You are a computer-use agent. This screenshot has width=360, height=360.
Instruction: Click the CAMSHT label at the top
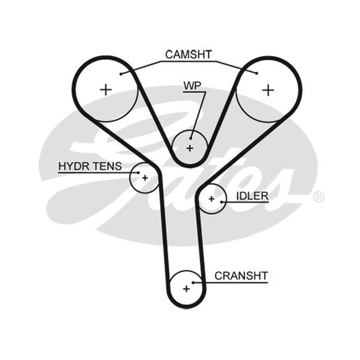pos(188,54)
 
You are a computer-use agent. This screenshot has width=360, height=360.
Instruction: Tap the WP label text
pos(192,85)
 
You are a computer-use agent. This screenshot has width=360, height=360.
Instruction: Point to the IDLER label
pos(252,196)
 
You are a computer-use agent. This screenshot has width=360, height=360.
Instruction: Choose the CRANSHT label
pos(241,276)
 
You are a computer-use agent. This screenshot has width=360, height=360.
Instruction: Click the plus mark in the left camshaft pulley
pos(106,90)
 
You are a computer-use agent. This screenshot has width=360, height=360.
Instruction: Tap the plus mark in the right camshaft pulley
pos(268,90)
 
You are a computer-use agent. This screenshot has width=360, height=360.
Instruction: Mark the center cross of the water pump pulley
pos(190,148)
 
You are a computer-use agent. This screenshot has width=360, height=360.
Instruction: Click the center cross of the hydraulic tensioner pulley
pos(145,178)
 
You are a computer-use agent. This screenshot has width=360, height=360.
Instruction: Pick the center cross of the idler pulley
pos(211,199)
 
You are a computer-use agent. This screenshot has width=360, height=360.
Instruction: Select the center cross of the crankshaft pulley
pos(186,288)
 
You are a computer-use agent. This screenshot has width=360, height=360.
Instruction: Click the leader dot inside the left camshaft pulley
pos(121,74)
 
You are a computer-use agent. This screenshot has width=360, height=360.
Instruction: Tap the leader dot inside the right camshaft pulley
pos(257,73)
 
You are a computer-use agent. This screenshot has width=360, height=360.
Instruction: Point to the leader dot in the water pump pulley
pos(190,138)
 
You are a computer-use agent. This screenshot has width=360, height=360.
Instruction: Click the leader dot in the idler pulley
pos(221,202)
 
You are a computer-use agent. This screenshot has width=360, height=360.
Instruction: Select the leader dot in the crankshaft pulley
pos(193,283)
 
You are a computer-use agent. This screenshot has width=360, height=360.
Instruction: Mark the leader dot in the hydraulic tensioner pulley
pos(138,173)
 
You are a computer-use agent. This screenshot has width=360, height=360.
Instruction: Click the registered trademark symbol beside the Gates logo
pos(319,197)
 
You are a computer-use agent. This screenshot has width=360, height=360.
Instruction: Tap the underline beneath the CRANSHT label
pos(230,283)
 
